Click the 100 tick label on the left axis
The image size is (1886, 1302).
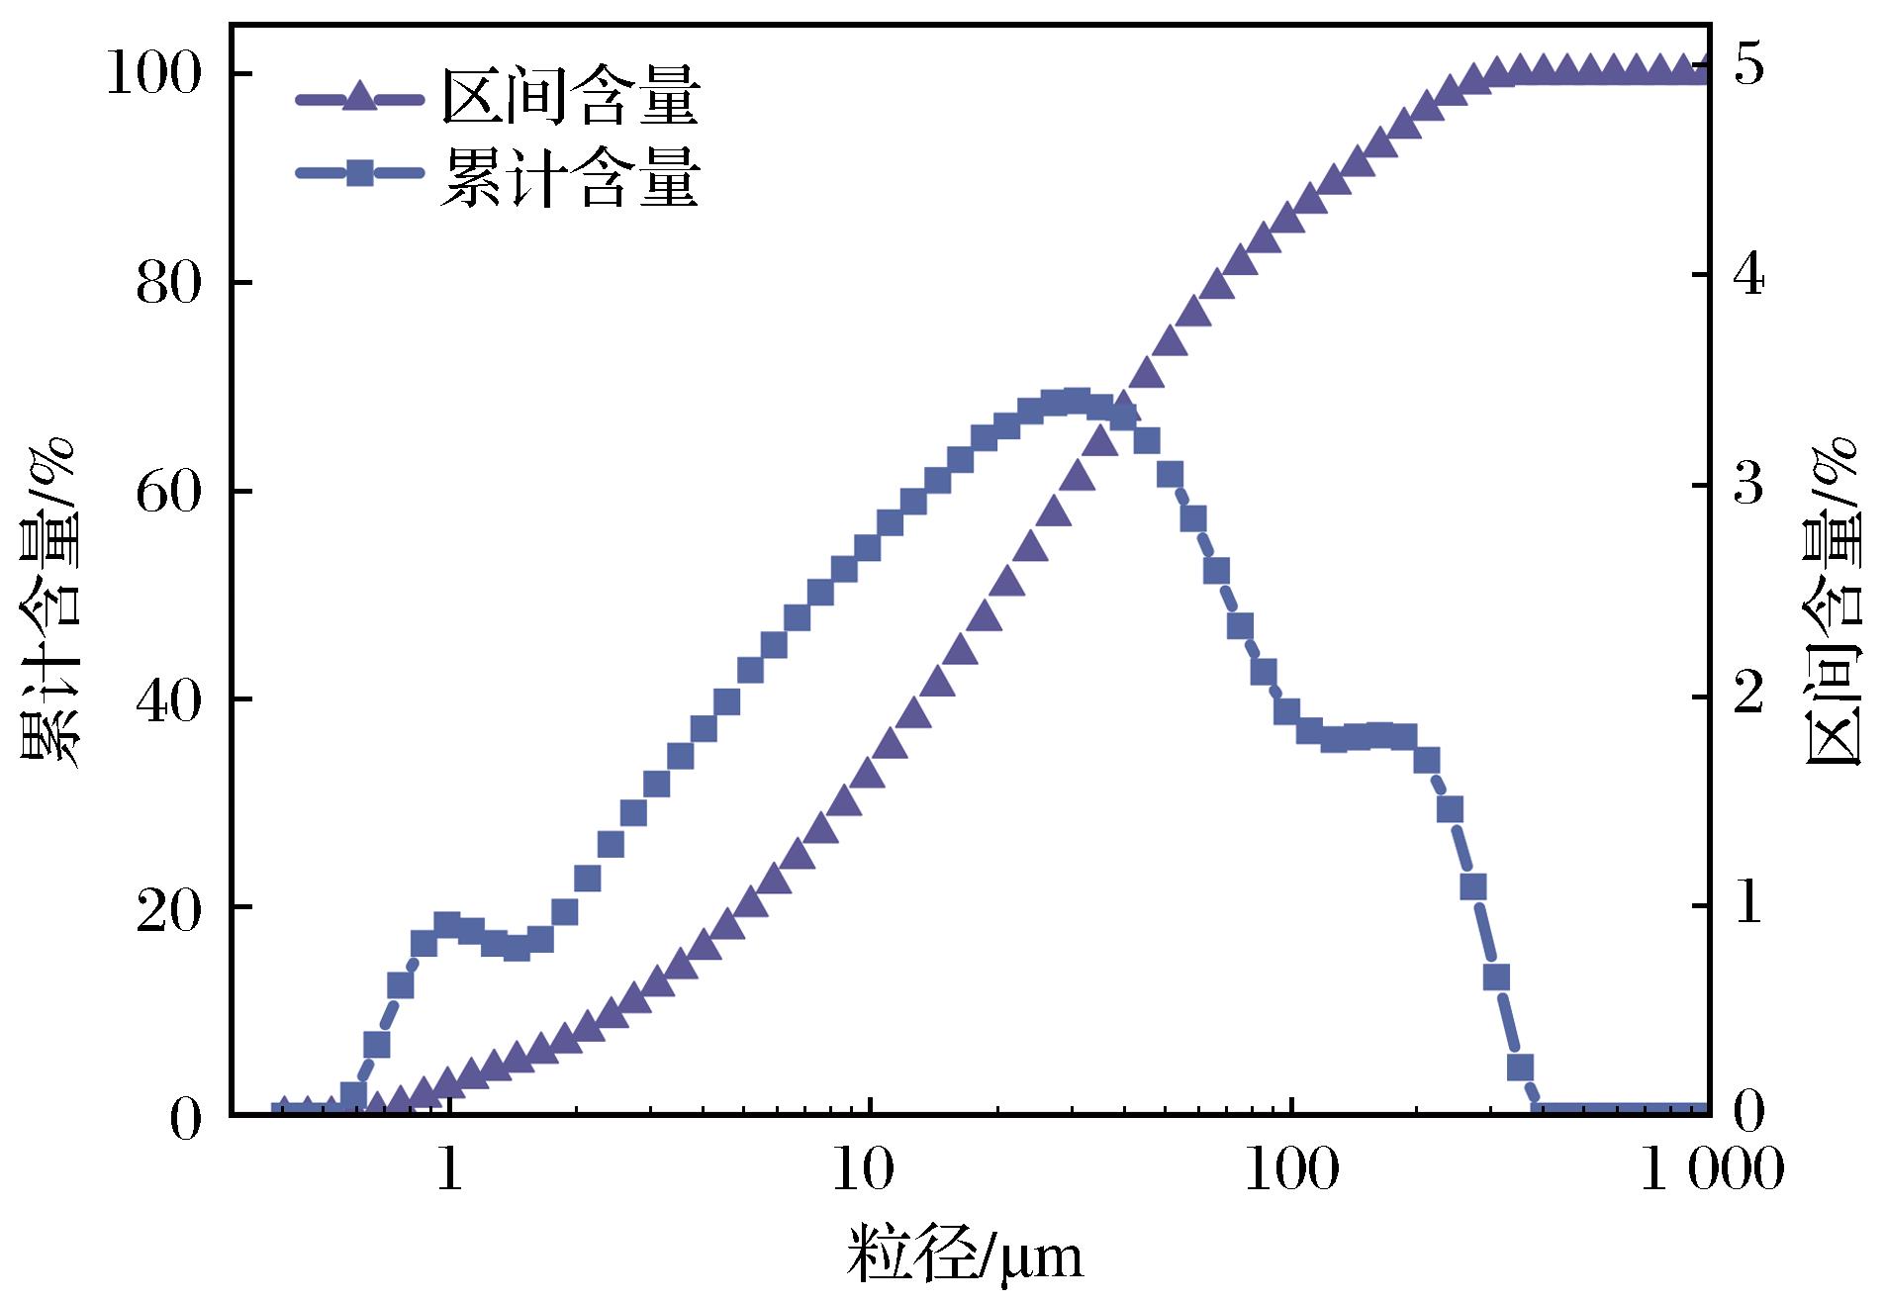click(152, 75)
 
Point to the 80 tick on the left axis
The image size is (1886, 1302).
click(167, 284)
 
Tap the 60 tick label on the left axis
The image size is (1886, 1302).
click(167, 492)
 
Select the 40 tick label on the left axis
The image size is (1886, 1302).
click(167, 699)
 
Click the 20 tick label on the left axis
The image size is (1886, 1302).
click(167, 908)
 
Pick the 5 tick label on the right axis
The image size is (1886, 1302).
click(1747, 67)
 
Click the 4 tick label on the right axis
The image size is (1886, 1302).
click(1747, 276)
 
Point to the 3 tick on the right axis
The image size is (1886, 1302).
click(1747, 485)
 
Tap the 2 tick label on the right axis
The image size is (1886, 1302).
click(1747, 694)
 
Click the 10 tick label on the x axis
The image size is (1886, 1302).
click(870, 1170)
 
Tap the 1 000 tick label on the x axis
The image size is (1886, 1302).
click(1712, 1170)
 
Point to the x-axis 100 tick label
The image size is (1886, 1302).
click(1290, 1170)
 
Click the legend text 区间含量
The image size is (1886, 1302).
click(570, 97)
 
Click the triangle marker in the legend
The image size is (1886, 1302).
click(360, 97)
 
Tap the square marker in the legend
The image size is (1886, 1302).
click(360, 174)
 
